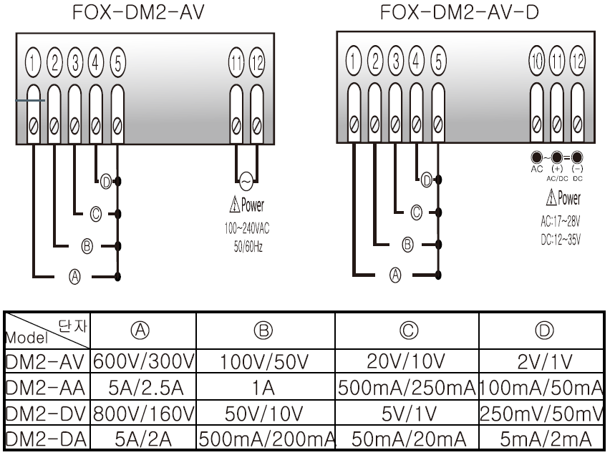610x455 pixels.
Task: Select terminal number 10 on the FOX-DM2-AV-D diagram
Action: coord(536,60)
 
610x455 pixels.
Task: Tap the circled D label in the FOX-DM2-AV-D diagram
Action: coord(427,180)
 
